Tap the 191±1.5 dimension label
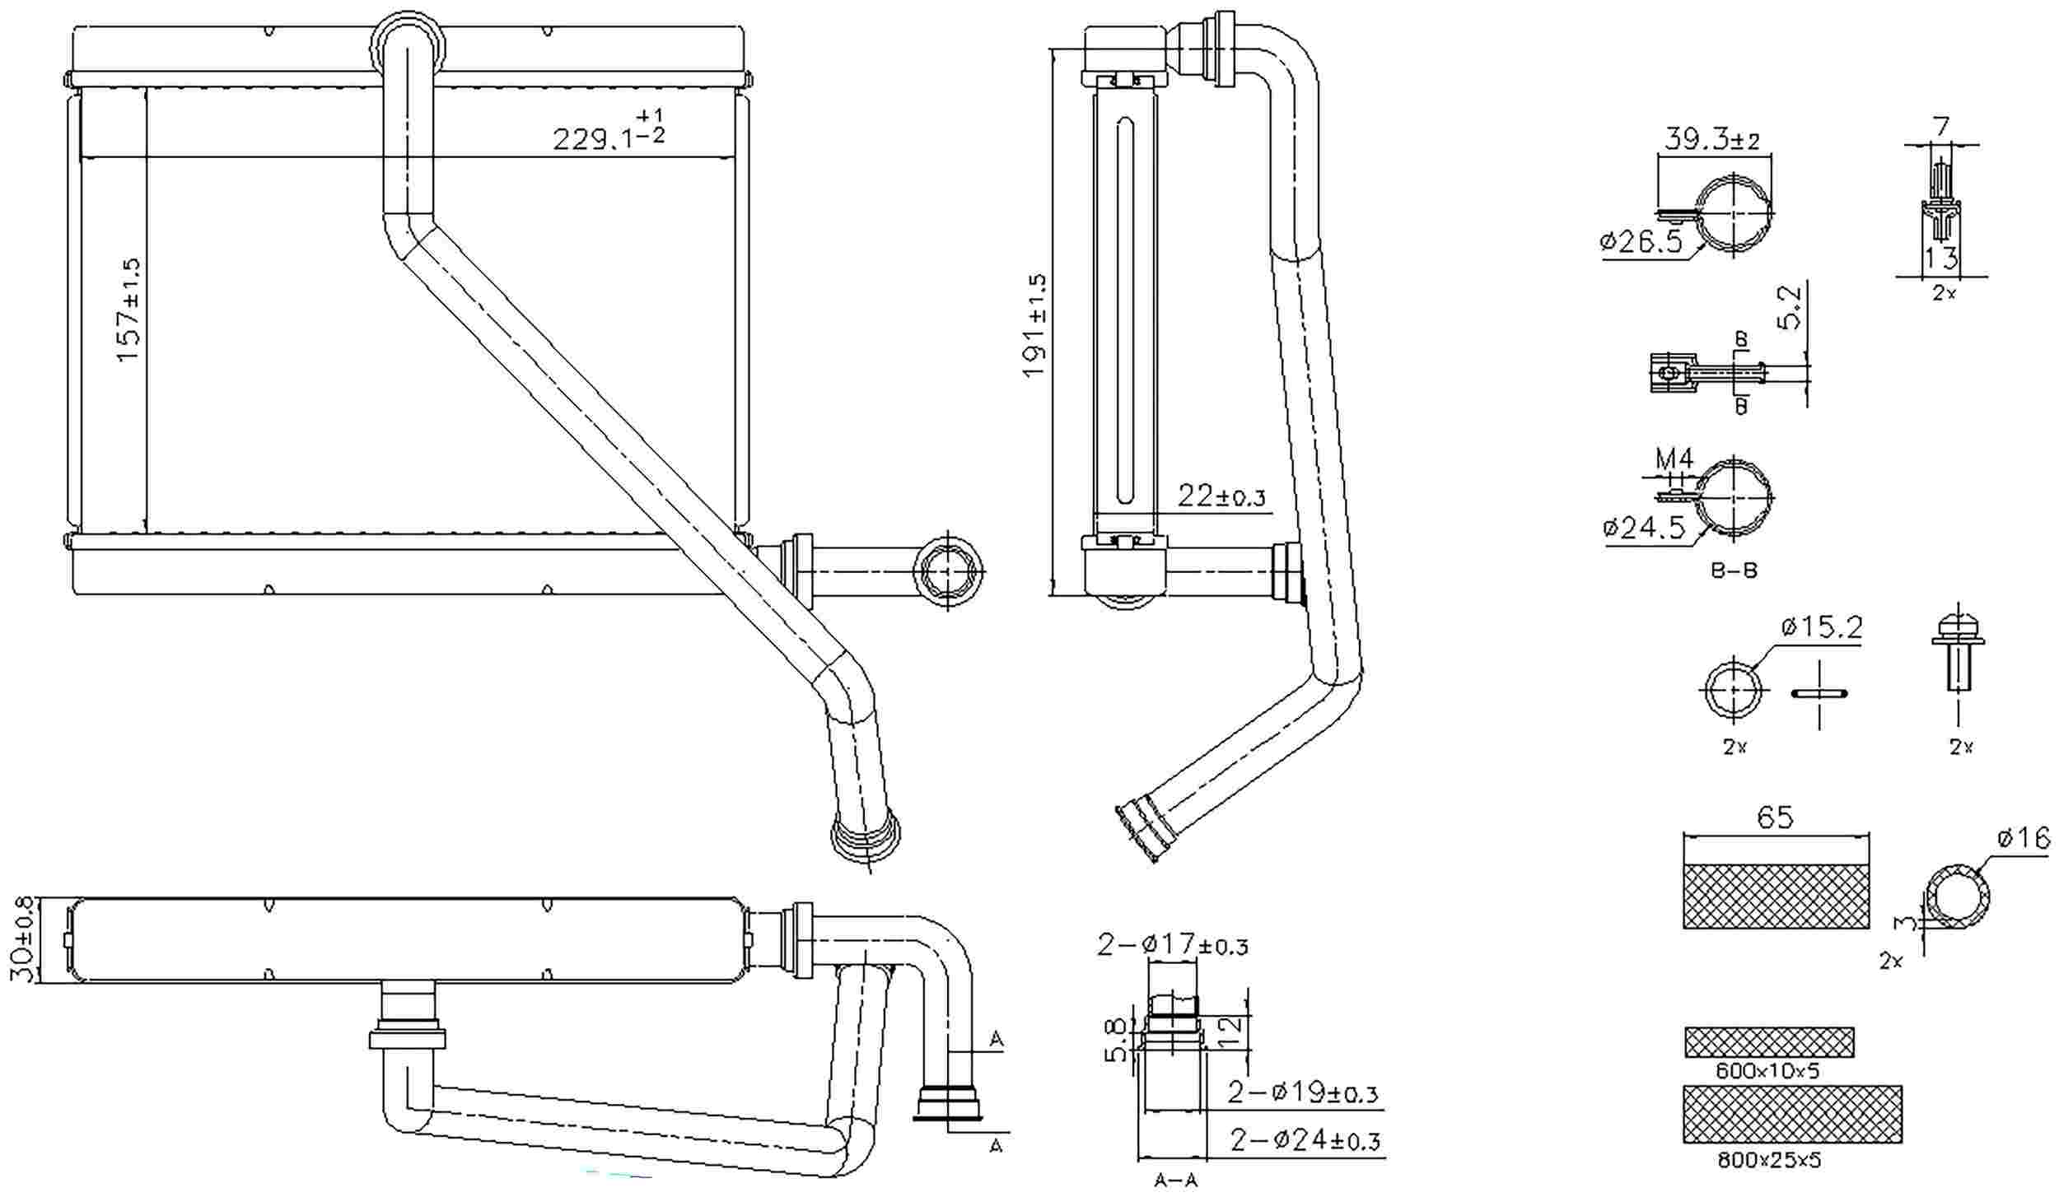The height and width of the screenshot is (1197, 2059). (1035, 325)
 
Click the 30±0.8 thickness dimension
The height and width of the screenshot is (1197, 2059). (25, 939)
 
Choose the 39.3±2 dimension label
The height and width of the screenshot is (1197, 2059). (1711, 139)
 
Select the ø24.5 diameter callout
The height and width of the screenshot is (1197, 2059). (1644, 527)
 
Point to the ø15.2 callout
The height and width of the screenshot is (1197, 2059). (1821, 628)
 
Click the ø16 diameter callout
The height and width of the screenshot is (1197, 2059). (2023, 839)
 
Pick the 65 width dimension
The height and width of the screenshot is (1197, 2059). (1775, 817)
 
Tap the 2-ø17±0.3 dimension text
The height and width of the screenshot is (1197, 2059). (1172, 945)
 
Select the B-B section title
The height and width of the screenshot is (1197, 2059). (1735, 570)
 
